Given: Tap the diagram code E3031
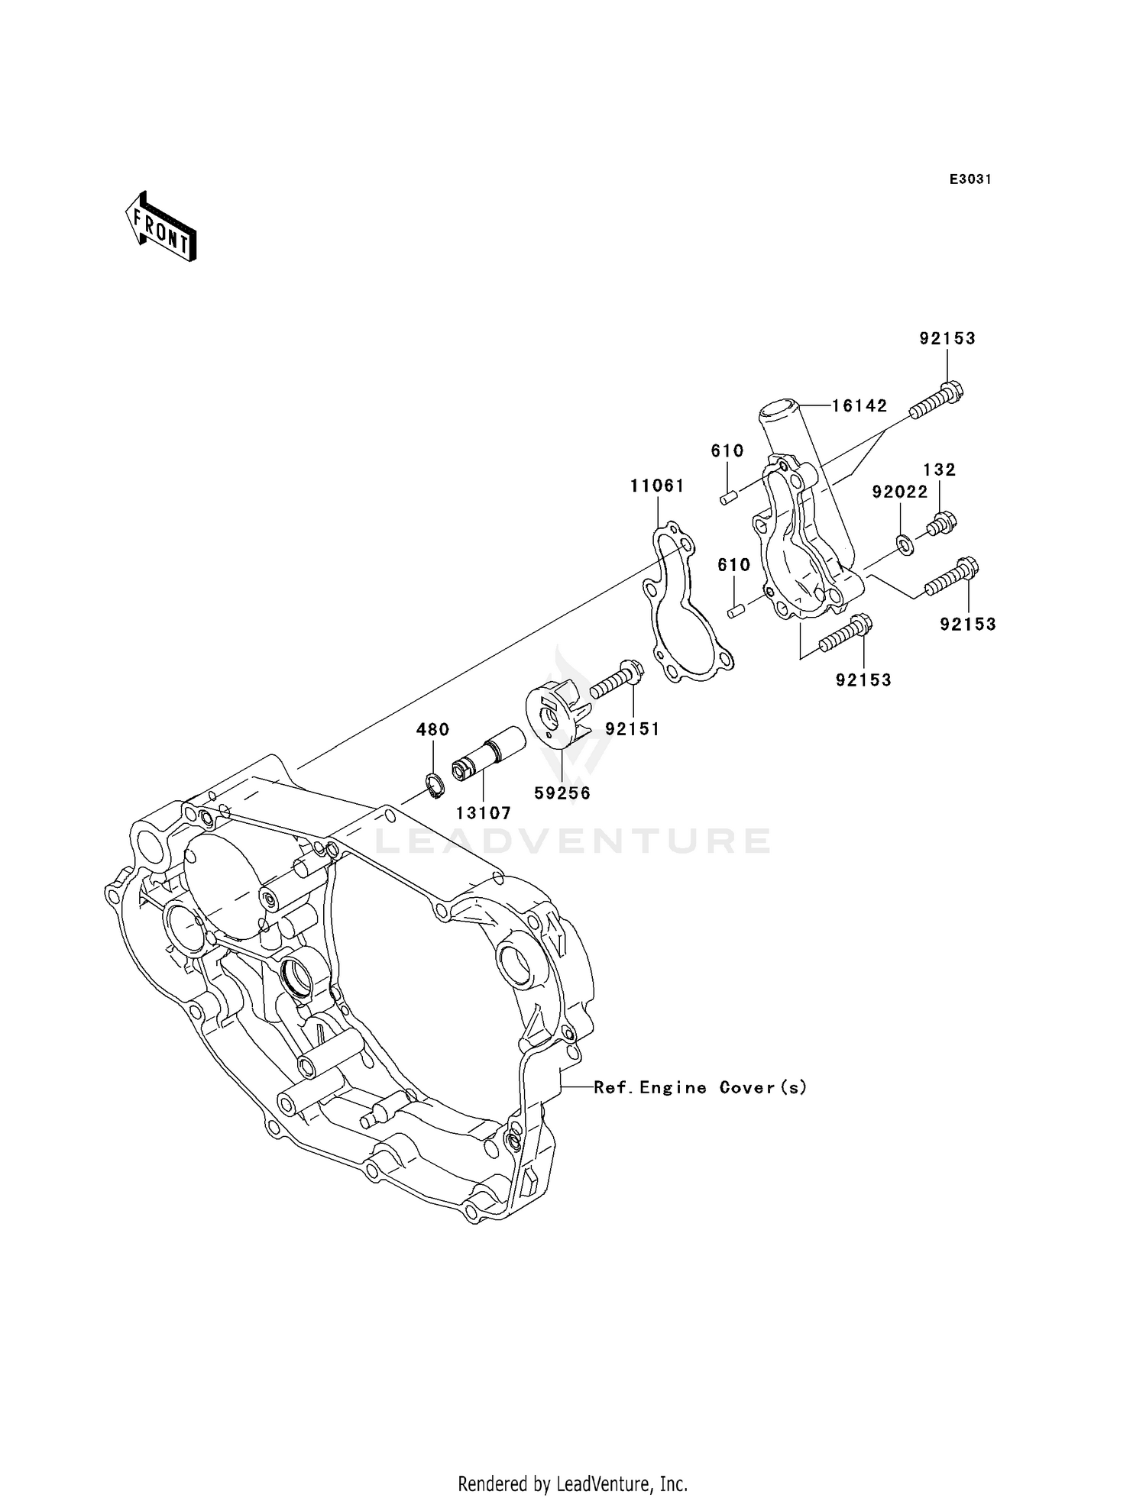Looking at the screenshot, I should coord(970,179).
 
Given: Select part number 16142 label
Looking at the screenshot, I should coord(859,406).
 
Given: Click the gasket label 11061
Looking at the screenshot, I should coord(657,486).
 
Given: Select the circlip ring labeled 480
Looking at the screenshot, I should coord(435,786).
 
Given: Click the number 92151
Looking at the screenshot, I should coord(632,728).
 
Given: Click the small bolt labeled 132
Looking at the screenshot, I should coord(942,524).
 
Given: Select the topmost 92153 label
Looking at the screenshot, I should coord(947,338).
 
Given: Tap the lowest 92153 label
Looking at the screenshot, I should coord(863,680).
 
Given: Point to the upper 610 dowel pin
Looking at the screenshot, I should coord(728,498).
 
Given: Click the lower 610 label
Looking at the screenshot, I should coord(733,565).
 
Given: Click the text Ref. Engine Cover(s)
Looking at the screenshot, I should coord(700,1087).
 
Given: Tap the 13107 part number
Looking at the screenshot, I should coord(484,814).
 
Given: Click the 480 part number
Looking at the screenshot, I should coord(432,729).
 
